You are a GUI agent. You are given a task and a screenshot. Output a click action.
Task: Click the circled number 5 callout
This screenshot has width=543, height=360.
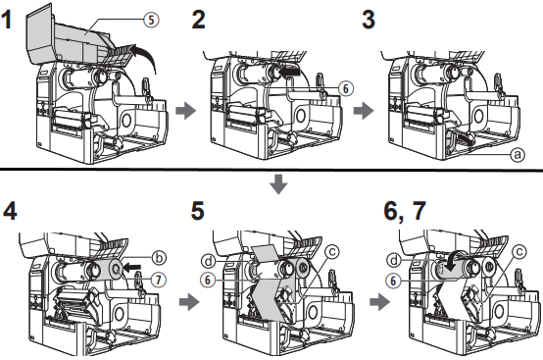tap(151, 20)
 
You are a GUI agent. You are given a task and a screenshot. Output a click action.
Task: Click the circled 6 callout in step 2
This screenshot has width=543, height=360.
tap(346, 88)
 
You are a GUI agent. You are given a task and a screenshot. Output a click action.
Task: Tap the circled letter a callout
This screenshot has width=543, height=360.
tap(518, 154)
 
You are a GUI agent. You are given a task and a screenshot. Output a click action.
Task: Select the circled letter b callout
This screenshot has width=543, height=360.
tap(159, 258)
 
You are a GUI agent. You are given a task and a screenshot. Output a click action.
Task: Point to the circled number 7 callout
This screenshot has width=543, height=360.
tap(159, 280)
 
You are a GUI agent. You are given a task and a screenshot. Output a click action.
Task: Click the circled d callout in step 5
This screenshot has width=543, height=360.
tap(209, 261)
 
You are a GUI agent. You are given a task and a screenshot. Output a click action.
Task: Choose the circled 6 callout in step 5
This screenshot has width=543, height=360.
tap(208, 280)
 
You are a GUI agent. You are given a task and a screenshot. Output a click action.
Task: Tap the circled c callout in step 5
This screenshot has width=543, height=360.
tap(331, 251)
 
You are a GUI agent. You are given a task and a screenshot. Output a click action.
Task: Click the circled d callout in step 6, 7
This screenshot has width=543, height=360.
tap(394, 260)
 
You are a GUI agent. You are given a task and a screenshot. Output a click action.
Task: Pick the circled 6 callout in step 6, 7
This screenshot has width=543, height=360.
tap(393, 281)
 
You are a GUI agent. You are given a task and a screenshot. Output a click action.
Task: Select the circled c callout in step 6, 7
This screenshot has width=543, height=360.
tap(519, 251)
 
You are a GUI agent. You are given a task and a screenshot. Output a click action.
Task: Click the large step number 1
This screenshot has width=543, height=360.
tap(7, 20)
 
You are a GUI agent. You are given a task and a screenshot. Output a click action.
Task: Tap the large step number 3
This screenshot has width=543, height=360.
tap(369, 20)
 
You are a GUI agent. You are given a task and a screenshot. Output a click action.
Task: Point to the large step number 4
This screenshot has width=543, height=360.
tap(10, 211)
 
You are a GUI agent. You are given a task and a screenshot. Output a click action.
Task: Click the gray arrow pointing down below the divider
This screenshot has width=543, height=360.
tap(278, 184)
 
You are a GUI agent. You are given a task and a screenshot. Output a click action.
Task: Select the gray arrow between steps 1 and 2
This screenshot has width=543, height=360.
tap(186, 111)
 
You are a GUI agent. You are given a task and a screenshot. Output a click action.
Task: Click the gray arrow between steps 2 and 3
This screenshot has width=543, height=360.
tap(364, 111)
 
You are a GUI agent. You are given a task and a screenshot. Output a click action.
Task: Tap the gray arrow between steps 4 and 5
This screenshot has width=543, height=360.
tap(189, 302)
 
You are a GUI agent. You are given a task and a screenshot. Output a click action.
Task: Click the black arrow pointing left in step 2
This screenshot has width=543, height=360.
tap(290, 72)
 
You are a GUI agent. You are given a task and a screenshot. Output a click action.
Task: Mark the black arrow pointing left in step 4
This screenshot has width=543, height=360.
tap(132, 267)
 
